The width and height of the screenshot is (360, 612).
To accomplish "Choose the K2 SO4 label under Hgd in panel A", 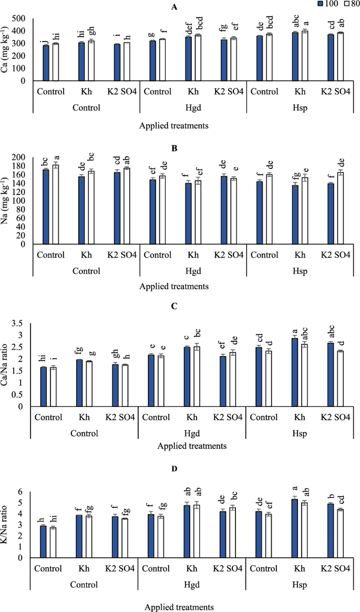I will pyautogui.click(x=229, y=91).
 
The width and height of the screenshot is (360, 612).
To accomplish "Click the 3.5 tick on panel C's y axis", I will pyautogui.click(x=24, y=323).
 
